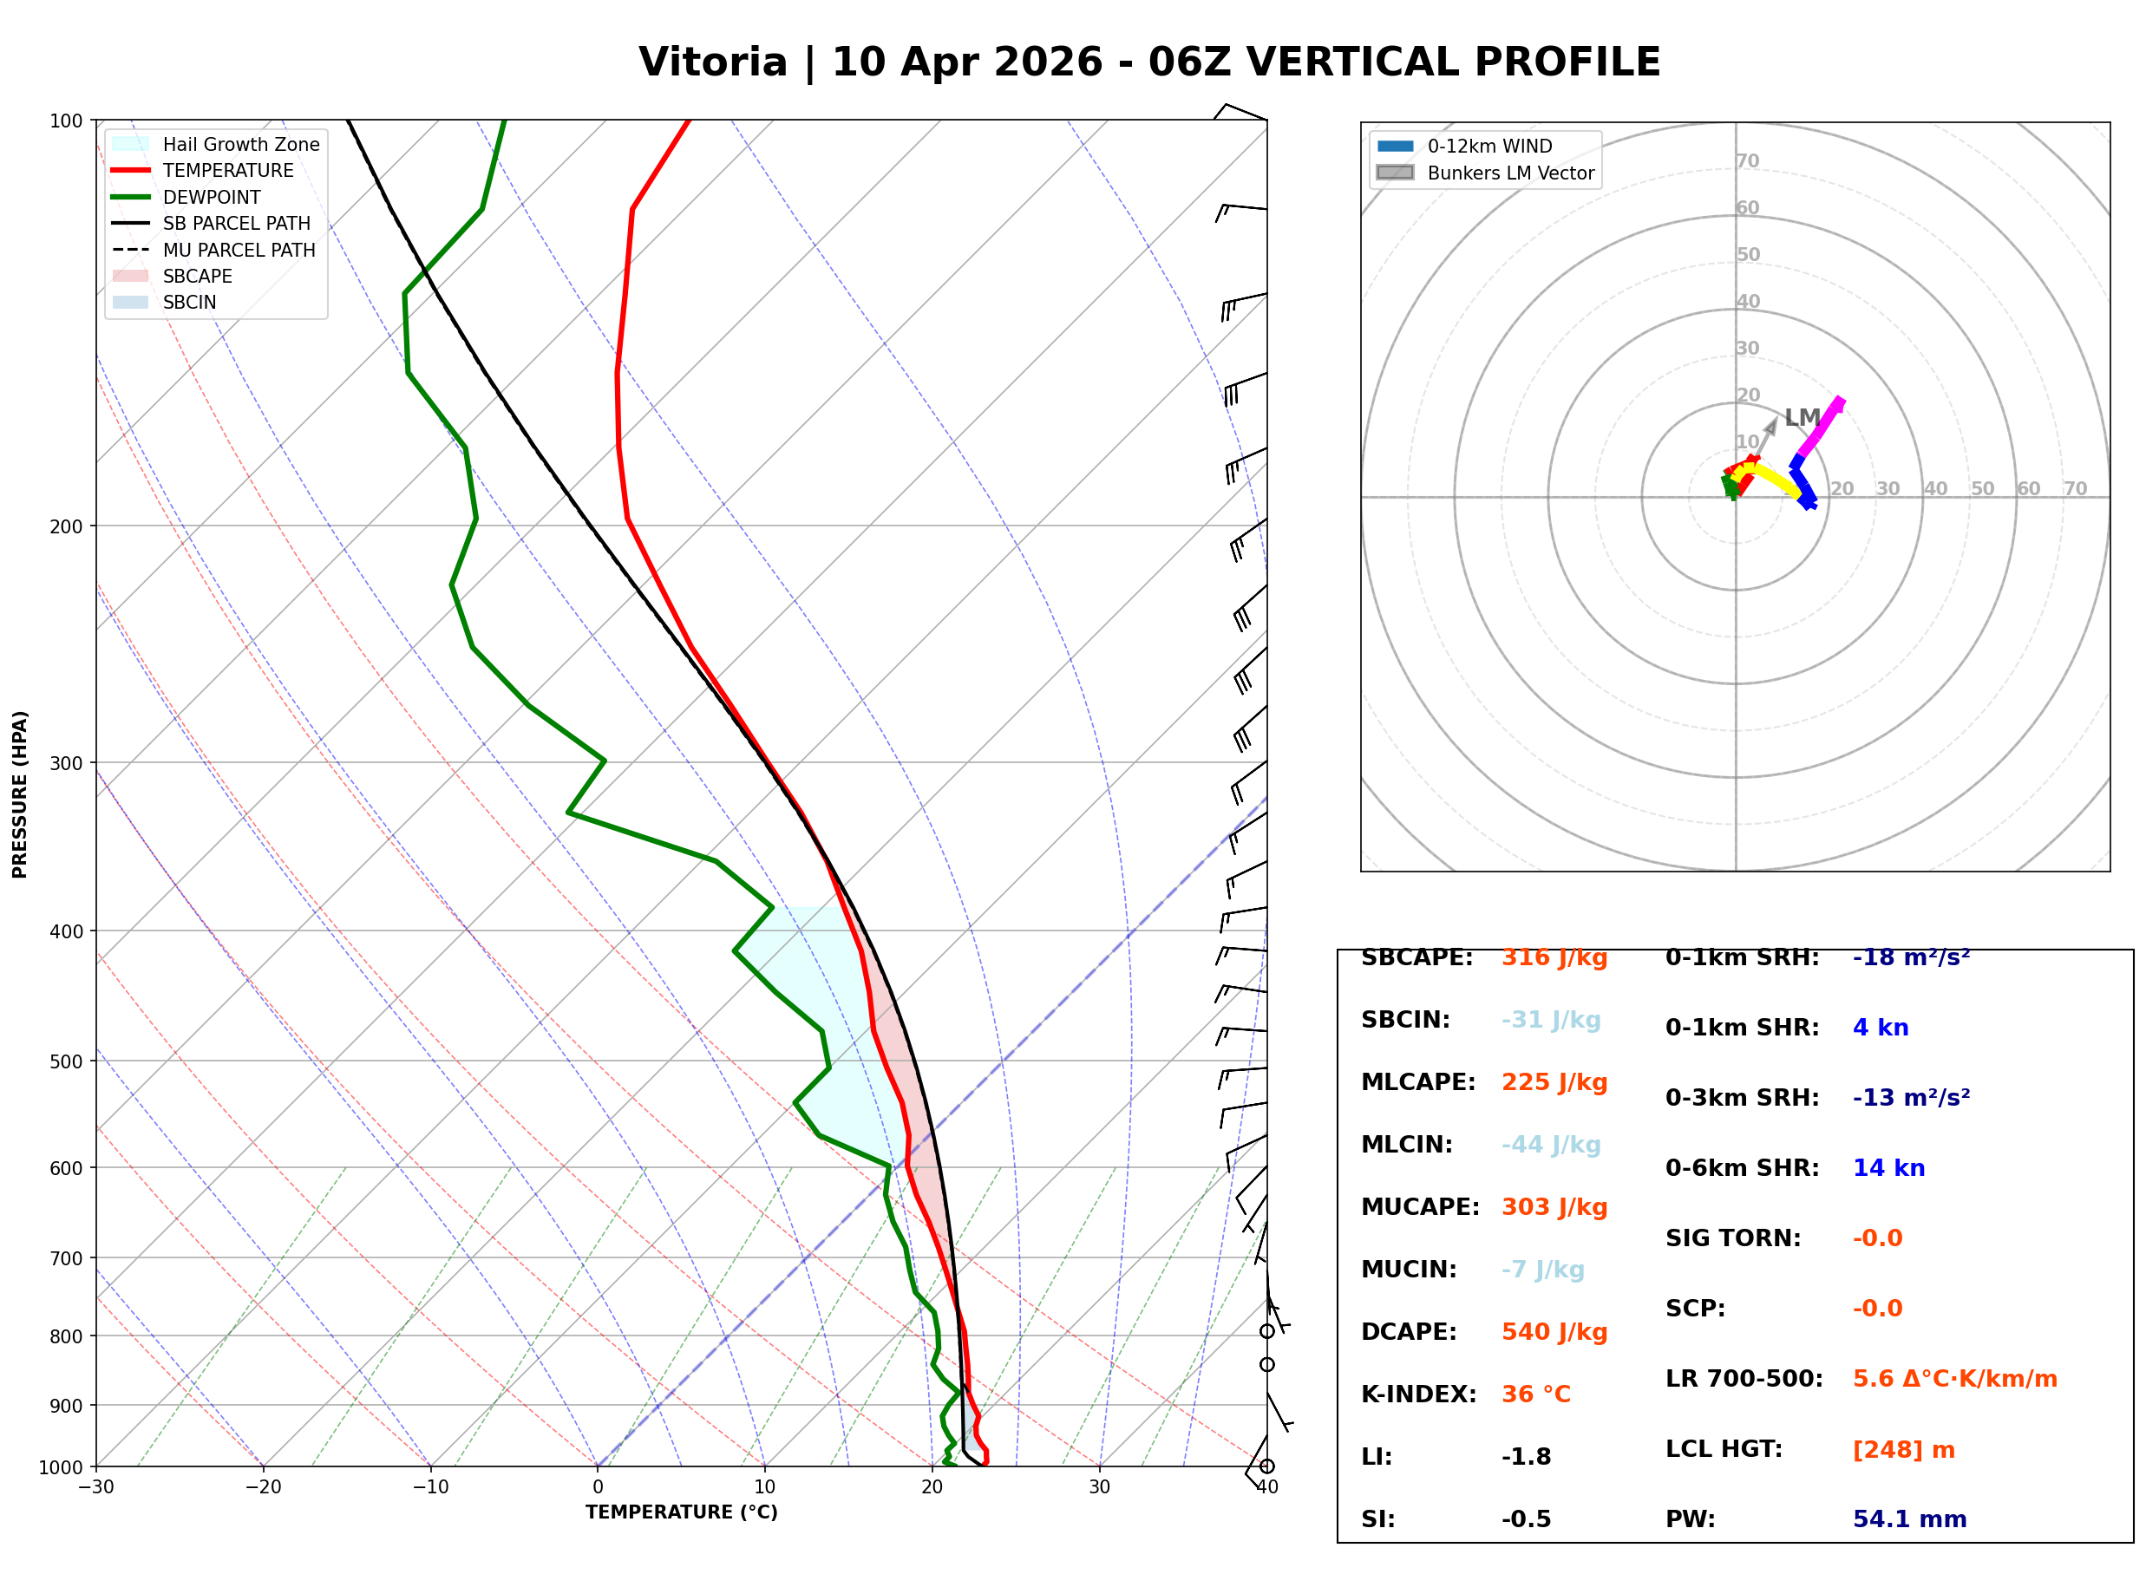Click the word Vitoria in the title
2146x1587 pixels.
713,62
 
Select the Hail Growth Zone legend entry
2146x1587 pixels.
240,144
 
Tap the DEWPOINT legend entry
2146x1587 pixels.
212,197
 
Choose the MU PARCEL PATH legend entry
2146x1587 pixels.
239,250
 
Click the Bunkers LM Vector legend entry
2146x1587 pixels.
1510,173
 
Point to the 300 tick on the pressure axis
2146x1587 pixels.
66,763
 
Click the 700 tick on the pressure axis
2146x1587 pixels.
66,1258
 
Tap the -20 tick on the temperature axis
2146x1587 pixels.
262,1487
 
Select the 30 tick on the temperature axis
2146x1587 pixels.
1099,1487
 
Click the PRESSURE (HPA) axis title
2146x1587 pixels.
20,794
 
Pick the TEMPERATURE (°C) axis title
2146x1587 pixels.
681,1512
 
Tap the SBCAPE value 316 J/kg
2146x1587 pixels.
1554,957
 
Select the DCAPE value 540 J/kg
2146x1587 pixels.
1554,1332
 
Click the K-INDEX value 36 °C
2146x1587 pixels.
1536,1394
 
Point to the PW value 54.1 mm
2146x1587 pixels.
1908,1519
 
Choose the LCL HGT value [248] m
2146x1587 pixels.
1903,1450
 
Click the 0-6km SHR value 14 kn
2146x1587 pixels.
1888,1168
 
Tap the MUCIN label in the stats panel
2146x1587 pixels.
1408,1270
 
